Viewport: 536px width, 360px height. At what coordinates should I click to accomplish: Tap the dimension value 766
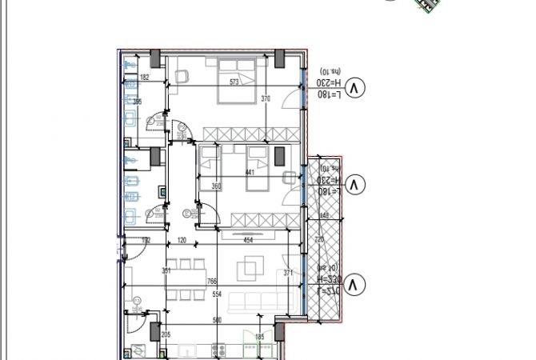point(212,281)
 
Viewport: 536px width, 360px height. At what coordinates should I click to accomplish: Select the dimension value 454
point(248,239)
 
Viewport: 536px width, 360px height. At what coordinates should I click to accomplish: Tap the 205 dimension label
point(166,335)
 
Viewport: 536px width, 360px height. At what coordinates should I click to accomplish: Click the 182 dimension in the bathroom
point(145,78)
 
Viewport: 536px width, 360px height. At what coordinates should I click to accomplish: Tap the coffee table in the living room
point(251,267)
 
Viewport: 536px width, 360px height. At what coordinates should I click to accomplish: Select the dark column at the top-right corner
point(281,58)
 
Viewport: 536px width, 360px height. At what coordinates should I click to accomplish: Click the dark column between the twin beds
point(280,156)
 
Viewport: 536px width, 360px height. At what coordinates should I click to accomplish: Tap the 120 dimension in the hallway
point(182,239)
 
